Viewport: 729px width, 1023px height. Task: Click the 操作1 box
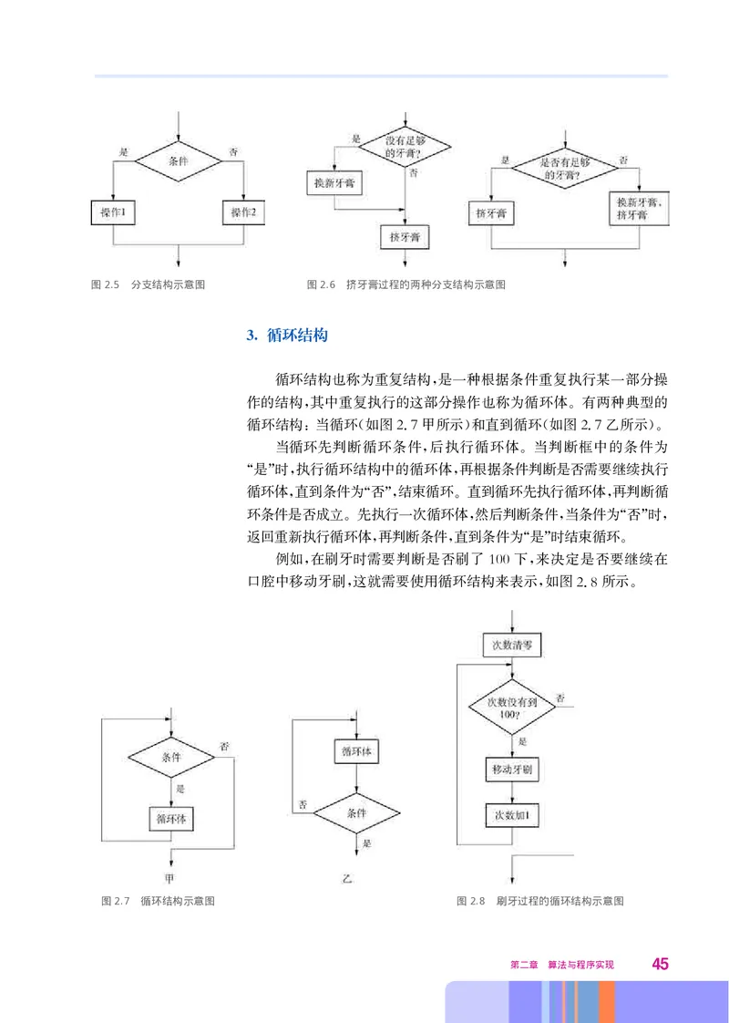113,212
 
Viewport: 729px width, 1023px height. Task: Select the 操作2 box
243,212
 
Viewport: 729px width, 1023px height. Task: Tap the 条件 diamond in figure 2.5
179,160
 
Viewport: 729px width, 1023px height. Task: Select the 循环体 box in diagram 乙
356,751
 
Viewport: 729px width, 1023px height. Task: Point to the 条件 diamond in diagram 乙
356,811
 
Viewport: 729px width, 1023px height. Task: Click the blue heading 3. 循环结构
287,336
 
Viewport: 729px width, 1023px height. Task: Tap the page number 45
660,965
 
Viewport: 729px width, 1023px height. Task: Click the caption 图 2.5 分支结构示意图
149,284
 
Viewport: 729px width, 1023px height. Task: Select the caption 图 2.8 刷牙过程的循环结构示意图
540,901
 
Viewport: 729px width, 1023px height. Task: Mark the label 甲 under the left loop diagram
169,879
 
